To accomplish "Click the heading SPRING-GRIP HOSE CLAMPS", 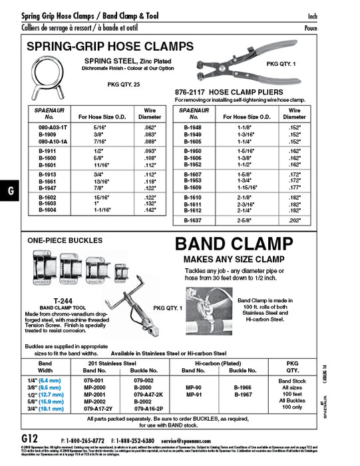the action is coord(110,47).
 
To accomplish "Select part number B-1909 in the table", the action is coord(49,134).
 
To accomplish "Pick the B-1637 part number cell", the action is coord(193,220).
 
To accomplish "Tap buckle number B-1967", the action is coord(244,394).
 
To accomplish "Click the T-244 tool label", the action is coord(63,300).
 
